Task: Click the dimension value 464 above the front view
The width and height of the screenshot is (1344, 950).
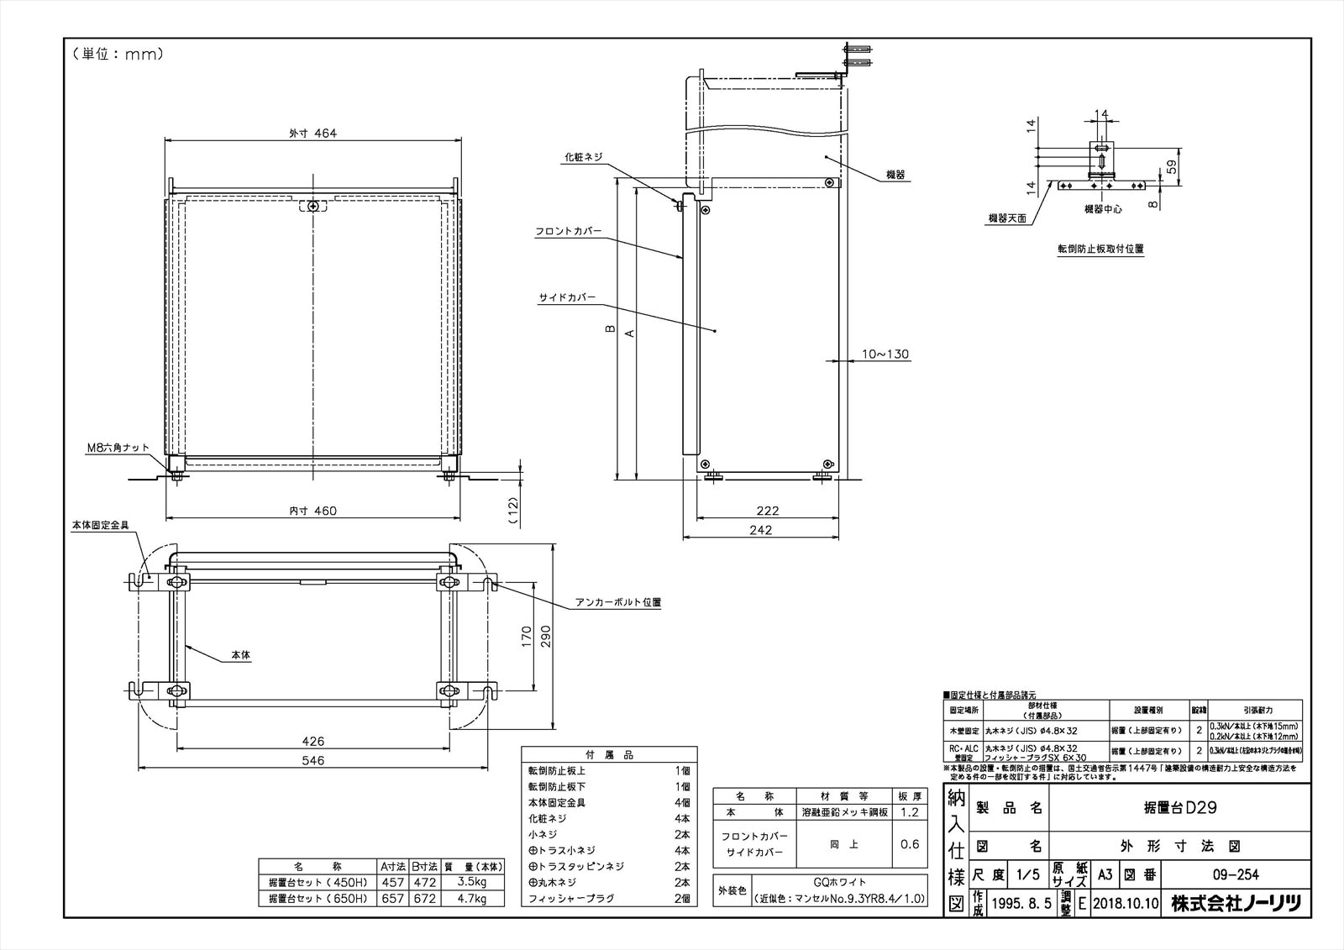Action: point(323,133)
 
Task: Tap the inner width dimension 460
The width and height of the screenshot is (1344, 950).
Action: point(323,510)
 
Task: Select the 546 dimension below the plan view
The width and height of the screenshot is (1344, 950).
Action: point(312,760)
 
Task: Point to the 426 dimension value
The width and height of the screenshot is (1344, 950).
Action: point(312,741)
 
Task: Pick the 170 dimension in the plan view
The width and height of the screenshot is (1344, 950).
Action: point(527,637)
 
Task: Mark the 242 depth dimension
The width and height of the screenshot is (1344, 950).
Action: point(760,529)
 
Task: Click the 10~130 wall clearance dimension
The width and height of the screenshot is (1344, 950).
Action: point(885,354)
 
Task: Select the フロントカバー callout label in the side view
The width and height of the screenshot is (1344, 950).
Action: point(569,232)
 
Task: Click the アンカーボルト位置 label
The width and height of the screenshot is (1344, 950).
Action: point(618,602)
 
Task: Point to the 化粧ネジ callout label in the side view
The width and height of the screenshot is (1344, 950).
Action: point(583,157)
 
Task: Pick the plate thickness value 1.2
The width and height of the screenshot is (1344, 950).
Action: point(910,812)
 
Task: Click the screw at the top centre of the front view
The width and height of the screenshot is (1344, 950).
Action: point(313,206)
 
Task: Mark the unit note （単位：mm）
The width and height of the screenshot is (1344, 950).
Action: point(118,55)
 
